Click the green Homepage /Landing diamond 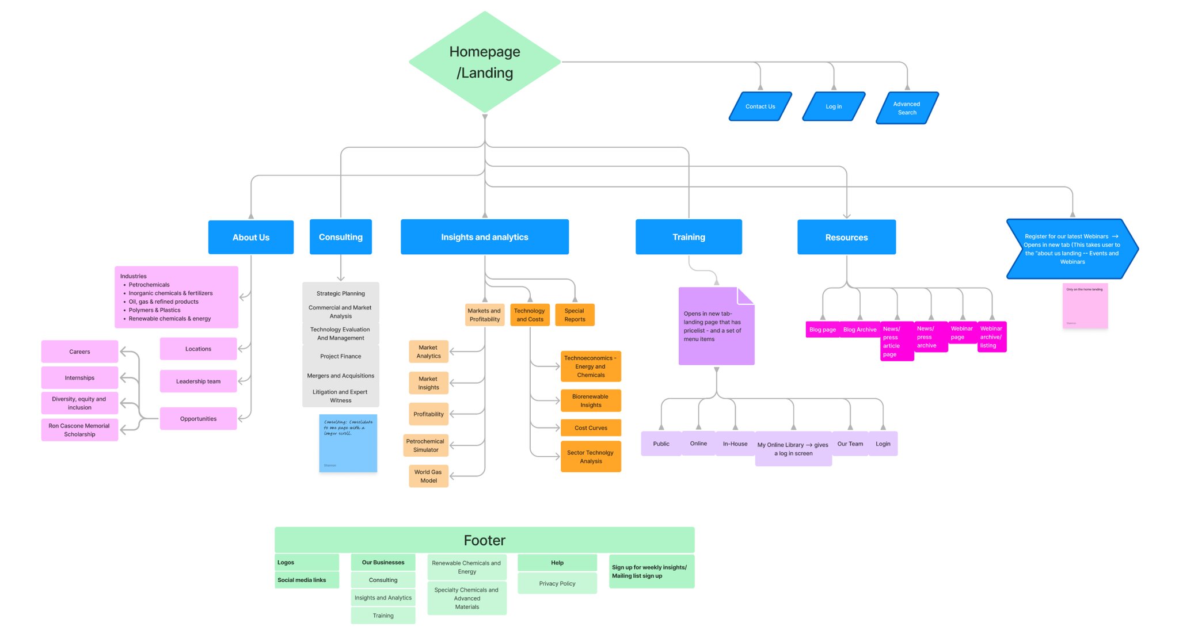click(485, 62)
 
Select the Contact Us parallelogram click(760, 106)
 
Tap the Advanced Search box click(907, 108)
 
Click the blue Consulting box click(341, 237)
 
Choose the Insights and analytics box click(485, 237)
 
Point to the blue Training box click(689, 237)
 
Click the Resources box click(846, 237)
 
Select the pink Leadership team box click(198, 381)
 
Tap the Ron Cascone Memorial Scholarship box click(79, 430)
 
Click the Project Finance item click(341, 356)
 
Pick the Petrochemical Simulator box click(426, 445)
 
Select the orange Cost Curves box click(591, 428)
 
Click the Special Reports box click(575, 315)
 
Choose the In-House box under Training click(735, 444)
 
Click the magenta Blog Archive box click(859, 330)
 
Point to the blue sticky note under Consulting click(348, 443)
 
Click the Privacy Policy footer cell click(557, 583)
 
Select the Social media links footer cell click(307, 580)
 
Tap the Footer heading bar click(485, 540)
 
